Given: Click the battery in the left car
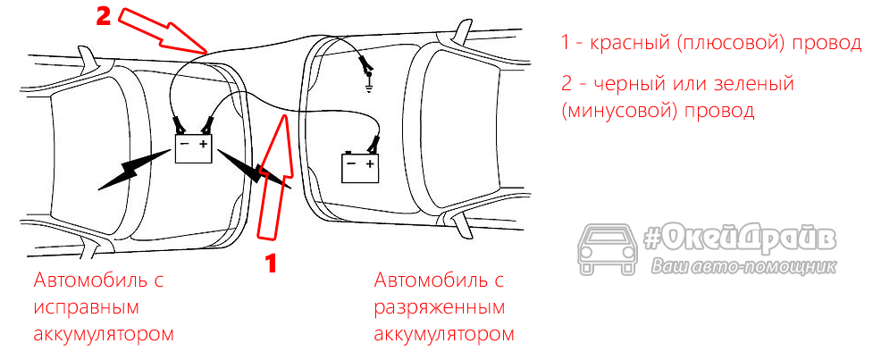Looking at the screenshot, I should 193,147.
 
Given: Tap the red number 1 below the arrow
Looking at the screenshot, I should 274,264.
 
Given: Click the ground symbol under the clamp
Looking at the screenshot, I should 368,88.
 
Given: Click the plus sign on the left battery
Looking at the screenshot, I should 203,143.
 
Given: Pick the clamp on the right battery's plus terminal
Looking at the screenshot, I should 374,142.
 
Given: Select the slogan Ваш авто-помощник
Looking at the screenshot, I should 743,265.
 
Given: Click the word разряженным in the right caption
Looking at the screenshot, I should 440,307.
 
